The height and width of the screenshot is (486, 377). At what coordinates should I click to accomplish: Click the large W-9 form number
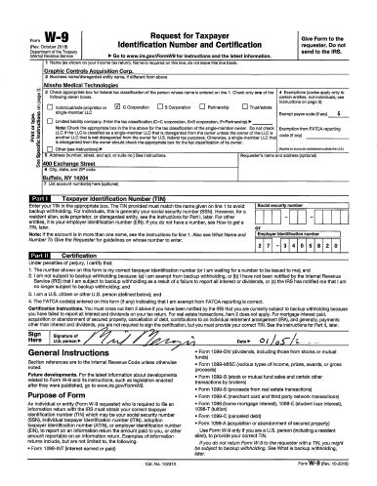point(35,17)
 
